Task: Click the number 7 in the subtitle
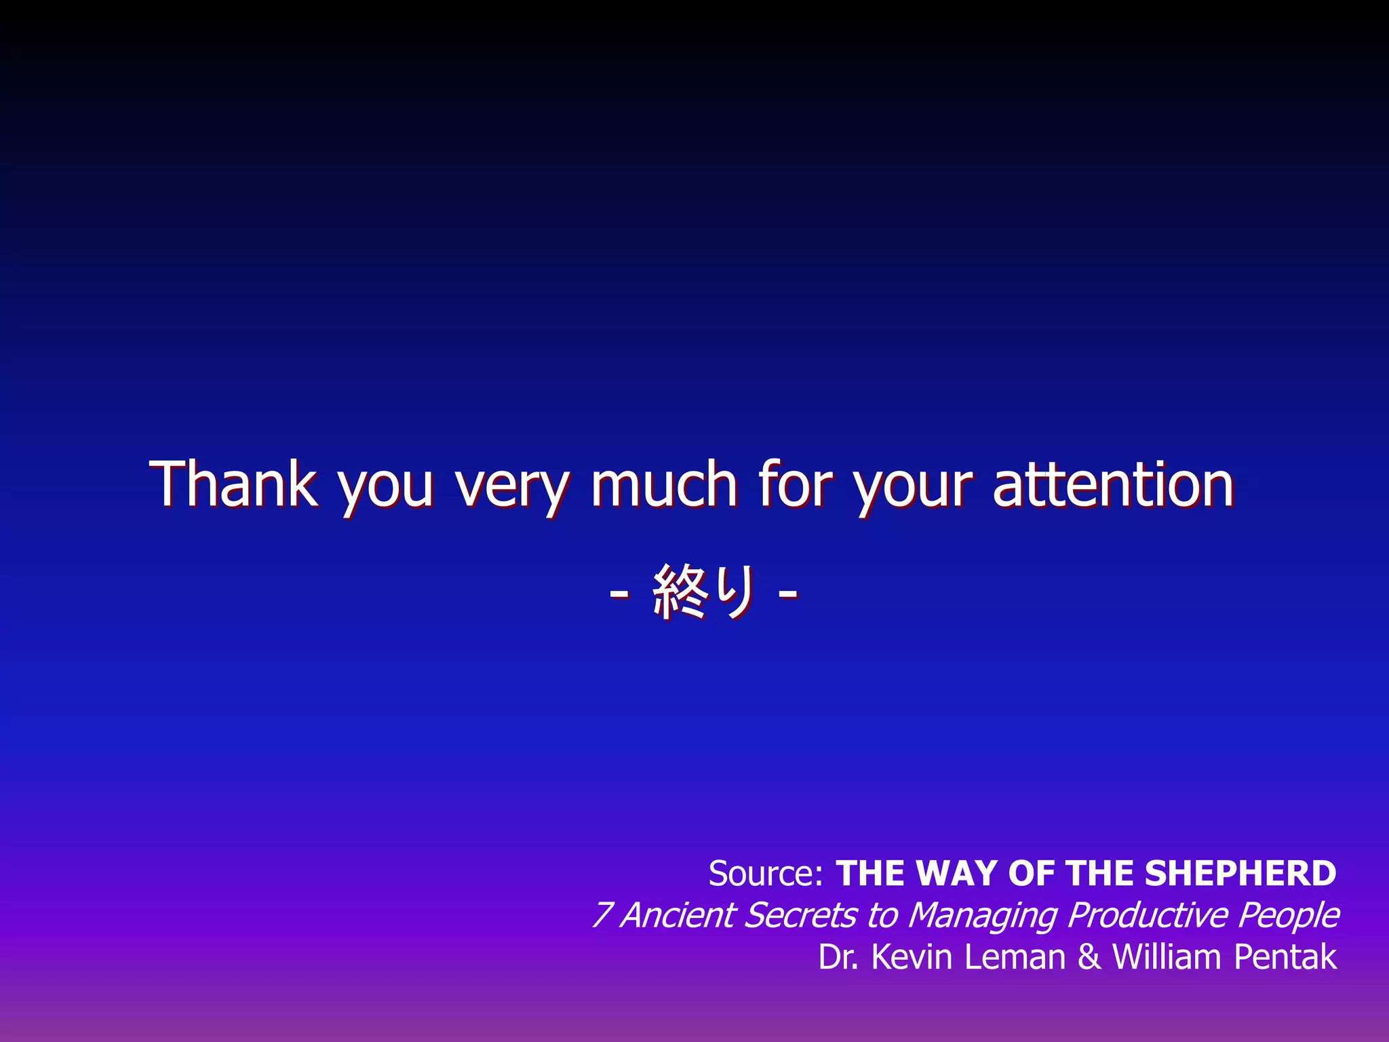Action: tap(601, 915)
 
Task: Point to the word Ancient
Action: tap(678, 915)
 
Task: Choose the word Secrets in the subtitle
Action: tap(800, 915)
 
